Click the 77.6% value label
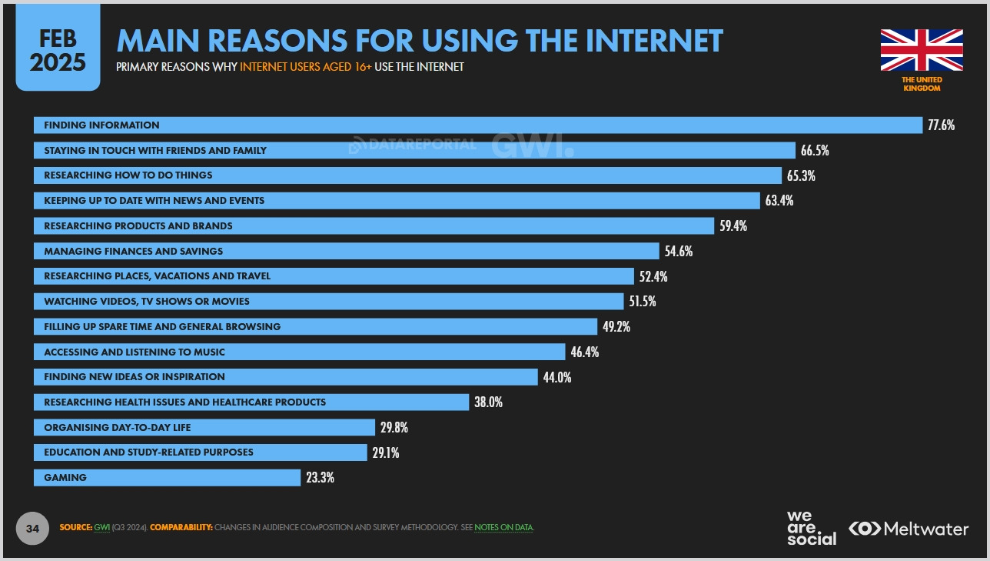coord(941,125)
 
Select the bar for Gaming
coord(167,478)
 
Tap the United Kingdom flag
coord(922,50)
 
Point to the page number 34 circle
coord(32,529)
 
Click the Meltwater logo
coord(909,529)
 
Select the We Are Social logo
coord(810,528)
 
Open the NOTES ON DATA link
coord(503,528)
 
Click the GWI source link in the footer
coord(101,528)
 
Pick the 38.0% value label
coord(489,402)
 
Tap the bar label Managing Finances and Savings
coord(133,251)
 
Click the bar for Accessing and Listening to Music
coord(299,352)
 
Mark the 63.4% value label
coord(779,201)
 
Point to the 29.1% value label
coord(386,452)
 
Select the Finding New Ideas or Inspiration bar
coord(285,377)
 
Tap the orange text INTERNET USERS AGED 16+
coord(306,67)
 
